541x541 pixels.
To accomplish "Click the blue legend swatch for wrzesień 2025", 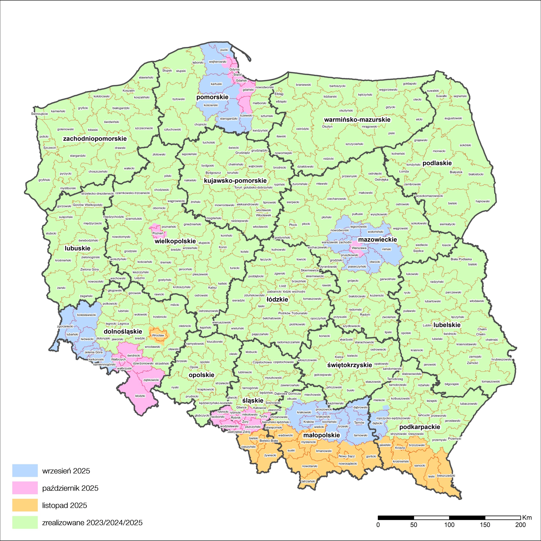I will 25,470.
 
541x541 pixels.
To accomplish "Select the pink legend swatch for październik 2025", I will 25,488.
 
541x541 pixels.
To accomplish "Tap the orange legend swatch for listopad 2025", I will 25,505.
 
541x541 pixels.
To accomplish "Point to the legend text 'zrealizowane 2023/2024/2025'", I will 92,523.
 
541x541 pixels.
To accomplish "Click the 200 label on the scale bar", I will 520,525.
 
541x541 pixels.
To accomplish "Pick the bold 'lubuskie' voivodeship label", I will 78,248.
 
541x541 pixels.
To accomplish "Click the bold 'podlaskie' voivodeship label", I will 437,163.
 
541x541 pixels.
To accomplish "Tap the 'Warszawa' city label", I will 359,248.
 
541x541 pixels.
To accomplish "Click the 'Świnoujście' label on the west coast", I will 40,114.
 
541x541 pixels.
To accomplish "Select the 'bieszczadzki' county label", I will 446,475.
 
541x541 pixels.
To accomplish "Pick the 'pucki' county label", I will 224,50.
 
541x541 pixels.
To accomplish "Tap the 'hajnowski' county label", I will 482,201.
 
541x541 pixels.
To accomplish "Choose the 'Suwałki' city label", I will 441,96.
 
